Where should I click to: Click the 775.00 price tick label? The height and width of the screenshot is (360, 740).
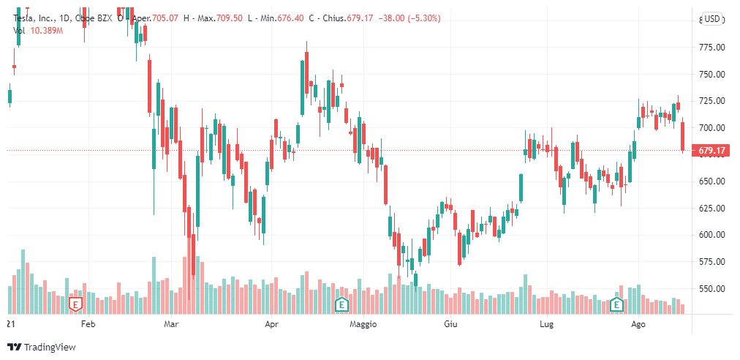point(711,48)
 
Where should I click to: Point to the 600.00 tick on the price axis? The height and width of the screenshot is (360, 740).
point(711,235)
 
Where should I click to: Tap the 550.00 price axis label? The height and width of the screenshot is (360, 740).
point(711,288)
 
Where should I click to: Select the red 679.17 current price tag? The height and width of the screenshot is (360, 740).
point(711,151)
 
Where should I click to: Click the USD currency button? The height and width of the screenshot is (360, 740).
point(712,19)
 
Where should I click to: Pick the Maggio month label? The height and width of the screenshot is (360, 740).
point(363,323)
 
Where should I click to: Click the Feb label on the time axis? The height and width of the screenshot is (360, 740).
point(88,323)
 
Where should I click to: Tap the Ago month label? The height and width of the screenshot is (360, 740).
point(638,323)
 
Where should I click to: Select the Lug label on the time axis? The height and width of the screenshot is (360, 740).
point(545,323)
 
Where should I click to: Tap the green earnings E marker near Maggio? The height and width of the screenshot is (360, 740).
point(341,303)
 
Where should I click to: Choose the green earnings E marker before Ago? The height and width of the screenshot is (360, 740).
point(616,303)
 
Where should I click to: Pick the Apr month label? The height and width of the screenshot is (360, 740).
point(272,323)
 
